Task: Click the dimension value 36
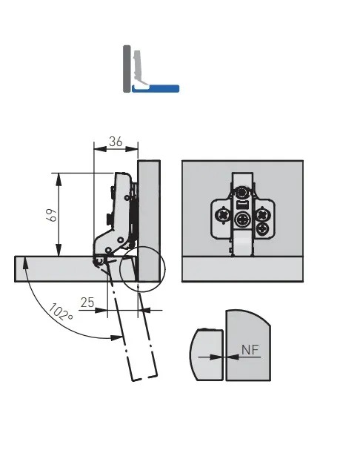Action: click(116, 142)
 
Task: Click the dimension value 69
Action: click(53, 215)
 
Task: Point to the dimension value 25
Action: click(87, 303)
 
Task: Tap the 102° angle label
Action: click(60, 312)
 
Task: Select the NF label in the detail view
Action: click(250, 349)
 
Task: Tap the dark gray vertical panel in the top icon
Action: click(127, 69)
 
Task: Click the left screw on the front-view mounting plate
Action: click(222, 216)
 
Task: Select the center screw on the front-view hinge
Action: click(242, 219)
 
